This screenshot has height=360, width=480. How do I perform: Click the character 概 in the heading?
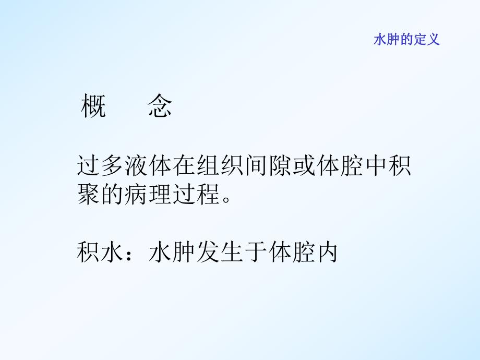click(94, 107)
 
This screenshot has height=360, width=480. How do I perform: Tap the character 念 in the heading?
click(159, 107)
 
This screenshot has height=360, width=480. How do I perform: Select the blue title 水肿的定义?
click(406, 40)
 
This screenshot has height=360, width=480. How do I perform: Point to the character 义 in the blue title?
click(434, 40)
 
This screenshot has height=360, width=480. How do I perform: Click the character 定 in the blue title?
click(420, 40)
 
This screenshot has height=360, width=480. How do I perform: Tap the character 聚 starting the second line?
click(88, 195)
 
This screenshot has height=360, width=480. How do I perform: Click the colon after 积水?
click(130, 254)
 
